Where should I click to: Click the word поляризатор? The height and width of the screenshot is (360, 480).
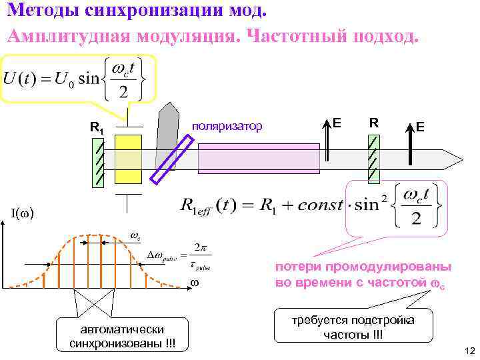[x=227, y=125]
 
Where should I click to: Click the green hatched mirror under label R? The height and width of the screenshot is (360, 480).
[x=374, y=159]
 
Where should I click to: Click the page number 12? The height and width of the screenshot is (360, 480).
[x=468, y=351]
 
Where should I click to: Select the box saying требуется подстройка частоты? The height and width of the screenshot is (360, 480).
[x=353, y=326]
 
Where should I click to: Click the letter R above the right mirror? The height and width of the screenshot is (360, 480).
[x=375, y=123]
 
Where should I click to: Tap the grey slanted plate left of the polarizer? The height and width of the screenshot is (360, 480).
[x=165, y=133]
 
